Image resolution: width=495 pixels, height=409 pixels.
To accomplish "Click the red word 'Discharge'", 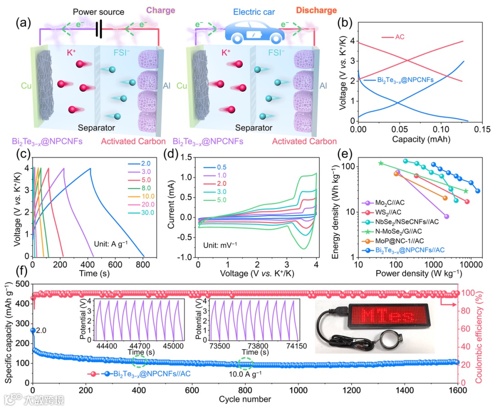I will click(316, 10).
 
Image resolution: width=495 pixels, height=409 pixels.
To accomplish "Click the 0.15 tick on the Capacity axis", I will click(473, 130).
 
